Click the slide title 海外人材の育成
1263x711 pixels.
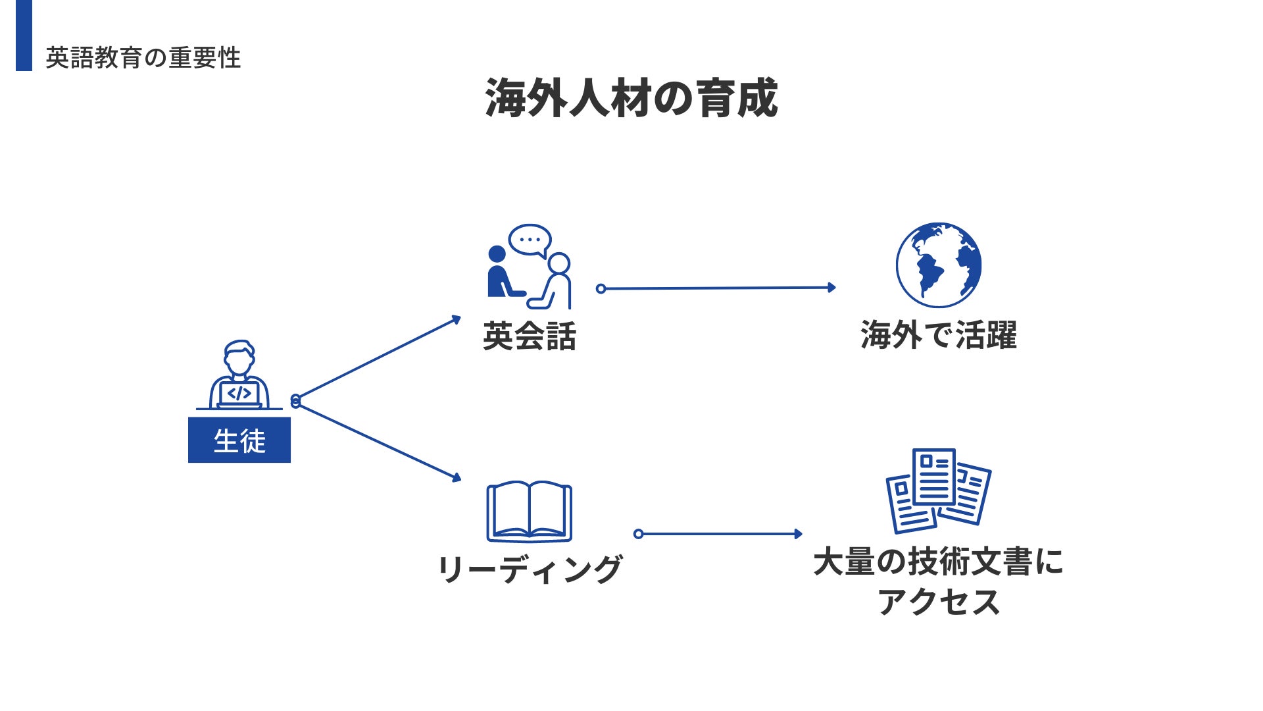coord(631,98)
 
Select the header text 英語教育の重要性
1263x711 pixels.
coord(143,58)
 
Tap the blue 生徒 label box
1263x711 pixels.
coord(239,440)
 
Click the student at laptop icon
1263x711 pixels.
coord(239,375)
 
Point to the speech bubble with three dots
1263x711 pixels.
coord(530,240)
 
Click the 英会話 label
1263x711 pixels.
coord(530,336)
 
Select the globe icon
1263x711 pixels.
coord(938,265)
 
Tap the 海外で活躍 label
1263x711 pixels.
coord(938,334)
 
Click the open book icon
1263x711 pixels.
coord(529,512)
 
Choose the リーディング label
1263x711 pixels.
coord(530,569)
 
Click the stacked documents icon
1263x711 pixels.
coord(938,490)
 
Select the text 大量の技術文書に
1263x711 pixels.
coord(938,562)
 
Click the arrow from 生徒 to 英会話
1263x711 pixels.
coord(378,359)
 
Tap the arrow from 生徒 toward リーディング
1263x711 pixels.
coord(378,440)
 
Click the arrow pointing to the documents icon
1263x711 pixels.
coord(720,534)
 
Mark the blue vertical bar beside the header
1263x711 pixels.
coord(24,35)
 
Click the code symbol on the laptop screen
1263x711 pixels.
coord(239,394)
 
